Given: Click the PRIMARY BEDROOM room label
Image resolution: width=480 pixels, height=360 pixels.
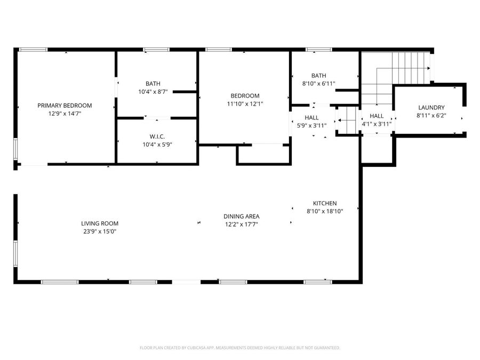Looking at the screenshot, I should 65,106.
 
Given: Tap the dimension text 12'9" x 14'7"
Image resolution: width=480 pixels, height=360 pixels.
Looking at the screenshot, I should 65,113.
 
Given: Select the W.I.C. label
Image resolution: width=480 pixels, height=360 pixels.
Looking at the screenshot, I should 157,137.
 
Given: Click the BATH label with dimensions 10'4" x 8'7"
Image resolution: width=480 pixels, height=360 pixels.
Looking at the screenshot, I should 153,84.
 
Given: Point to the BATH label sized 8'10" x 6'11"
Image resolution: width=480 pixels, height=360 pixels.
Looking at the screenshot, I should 318,76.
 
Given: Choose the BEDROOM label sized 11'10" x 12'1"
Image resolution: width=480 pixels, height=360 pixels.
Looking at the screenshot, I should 245,96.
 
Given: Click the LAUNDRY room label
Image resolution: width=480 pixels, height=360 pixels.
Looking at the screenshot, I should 431,107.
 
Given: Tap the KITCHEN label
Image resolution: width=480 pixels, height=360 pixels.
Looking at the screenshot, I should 324,203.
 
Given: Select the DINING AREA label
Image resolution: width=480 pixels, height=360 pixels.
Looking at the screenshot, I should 241,216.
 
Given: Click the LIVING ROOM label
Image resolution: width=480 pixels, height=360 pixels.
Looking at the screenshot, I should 100,223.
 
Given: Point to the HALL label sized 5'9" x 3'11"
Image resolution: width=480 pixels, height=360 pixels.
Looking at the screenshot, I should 311,117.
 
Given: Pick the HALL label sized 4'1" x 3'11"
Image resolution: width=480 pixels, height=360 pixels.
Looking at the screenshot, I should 377,116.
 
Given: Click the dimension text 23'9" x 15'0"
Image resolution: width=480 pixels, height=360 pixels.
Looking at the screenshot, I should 100,231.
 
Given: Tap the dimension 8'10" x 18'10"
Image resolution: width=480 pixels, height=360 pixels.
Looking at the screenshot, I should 324,211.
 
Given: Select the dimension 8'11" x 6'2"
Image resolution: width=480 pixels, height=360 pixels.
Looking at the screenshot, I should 431,115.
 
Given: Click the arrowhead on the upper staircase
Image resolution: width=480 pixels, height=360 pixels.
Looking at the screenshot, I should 428,68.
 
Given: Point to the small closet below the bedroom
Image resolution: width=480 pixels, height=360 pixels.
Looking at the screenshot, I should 263,154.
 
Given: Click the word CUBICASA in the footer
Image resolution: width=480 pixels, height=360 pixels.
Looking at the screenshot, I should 195,348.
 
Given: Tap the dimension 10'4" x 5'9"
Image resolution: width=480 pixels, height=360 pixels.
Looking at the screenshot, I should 157,145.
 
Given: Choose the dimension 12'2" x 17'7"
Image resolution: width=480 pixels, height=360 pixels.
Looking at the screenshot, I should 241,224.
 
